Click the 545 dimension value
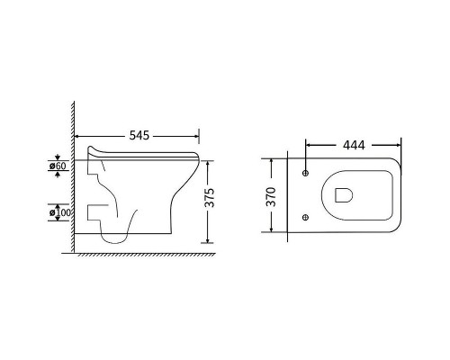tap(139, 136)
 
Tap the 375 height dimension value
tap(210, 197)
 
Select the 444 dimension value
tap(354, 145)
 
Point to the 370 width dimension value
tap(271, 196)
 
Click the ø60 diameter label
tap(58, 166)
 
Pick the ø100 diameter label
tap(60, 212)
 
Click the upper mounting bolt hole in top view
tap(306, 173)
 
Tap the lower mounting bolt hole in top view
tap(306, 217)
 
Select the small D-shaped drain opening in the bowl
tap(344, 195)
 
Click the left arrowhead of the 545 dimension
tap(76, 137)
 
